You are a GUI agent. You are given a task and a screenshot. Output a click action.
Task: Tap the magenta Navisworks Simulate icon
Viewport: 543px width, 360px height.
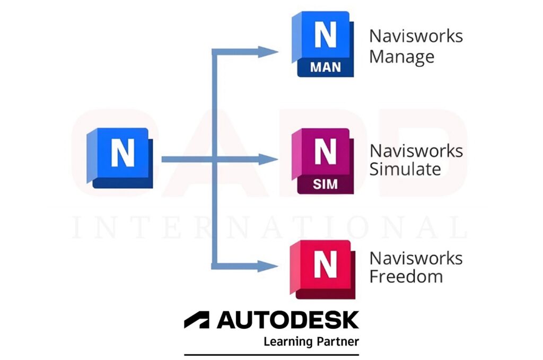[323, 161]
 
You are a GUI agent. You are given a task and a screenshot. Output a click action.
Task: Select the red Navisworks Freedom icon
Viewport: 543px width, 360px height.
[322, 268]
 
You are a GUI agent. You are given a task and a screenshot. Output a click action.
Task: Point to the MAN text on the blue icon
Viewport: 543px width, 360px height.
[326, 67]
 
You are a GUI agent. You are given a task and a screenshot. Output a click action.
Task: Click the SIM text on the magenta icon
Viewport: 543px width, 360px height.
[325, 184]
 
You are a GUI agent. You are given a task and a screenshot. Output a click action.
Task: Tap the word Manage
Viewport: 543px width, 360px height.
[401, 56]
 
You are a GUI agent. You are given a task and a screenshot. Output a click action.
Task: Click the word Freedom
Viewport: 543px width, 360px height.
[406, 276]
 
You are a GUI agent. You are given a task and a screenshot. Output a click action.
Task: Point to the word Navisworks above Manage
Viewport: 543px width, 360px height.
[416, 36]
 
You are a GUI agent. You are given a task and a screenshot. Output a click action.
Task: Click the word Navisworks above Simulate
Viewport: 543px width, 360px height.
[416, 151]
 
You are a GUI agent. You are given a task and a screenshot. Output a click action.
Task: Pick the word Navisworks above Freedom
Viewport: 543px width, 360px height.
[416, 258]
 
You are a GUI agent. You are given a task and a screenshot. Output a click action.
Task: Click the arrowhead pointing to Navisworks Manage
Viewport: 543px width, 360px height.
[268, 51]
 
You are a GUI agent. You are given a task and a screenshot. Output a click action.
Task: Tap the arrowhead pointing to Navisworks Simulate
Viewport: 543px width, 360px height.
[268, 159]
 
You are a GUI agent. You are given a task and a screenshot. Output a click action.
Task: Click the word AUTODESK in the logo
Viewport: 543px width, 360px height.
[288, 320]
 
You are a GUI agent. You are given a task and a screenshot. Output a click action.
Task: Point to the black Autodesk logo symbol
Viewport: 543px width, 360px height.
[197, 320]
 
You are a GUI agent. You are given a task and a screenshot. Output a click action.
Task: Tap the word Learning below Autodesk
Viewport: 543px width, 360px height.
[287, 341]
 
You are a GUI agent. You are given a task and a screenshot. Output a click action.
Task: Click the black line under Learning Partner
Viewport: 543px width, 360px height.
[271, 354]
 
